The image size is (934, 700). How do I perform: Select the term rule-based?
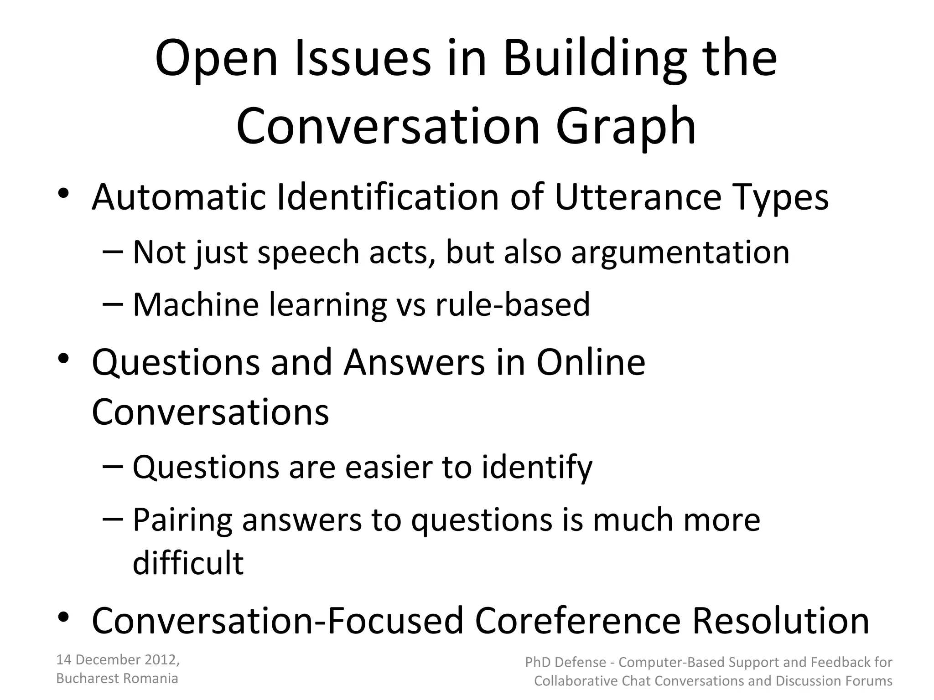(x=513, y=304)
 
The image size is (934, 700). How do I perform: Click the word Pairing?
(x=182, y=520)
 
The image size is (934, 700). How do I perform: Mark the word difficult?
(x=188, y=563)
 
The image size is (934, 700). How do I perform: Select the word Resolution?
(x=781, y=621)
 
